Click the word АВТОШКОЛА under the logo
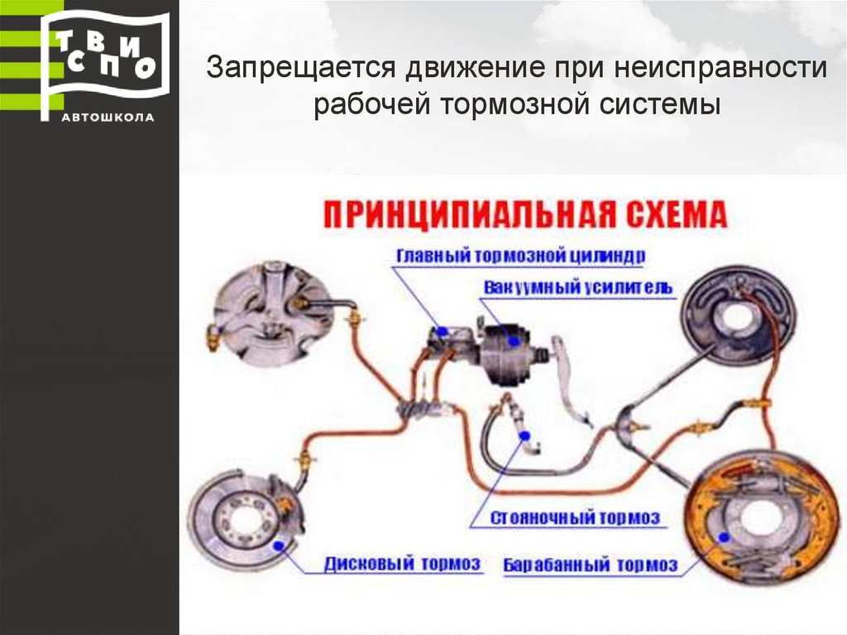coord(108,117)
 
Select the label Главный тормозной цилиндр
coord(520,255)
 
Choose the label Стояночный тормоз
coord(576,518)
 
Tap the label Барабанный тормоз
coord(591,565)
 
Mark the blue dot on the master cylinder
coord(443,330)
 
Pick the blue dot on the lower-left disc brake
coord(278,545)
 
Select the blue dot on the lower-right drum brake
coord(725,536)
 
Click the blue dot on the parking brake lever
coord(524,435)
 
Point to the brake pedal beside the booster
coord(570,381)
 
